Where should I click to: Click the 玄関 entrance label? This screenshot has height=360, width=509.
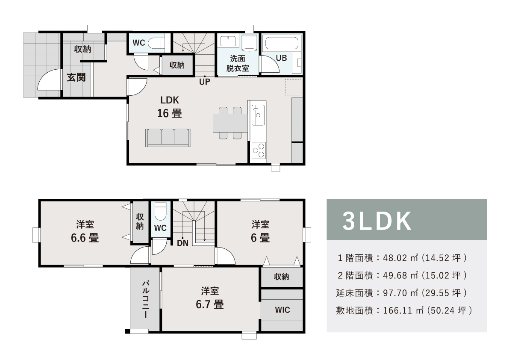[x=76, y=77]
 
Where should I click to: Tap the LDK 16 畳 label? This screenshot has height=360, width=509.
[x=169, y=107]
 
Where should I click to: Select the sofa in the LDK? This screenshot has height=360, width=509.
[x=168, y=138]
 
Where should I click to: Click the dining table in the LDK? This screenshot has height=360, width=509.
[x=230, y=123]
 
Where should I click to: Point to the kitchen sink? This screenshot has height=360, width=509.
[x=258, y=115]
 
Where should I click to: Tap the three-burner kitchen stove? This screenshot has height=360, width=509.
[x=259, y=150]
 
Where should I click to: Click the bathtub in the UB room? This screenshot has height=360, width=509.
[x=282, y=44]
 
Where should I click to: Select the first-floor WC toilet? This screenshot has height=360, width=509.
[x=156, y=43]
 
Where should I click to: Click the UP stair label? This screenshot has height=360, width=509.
[x=205, y=82]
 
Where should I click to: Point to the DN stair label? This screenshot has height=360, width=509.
[x=182, y=243]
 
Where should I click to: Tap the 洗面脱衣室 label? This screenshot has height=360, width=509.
[x=238, y=64]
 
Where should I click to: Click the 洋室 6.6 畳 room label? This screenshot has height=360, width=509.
[x=85, y=231]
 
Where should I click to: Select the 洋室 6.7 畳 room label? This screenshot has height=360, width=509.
[x=210, y=298]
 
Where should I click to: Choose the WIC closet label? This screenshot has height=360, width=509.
[x=282, y=310]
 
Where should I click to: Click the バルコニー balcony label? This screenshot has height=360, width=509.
[x=145, y=299]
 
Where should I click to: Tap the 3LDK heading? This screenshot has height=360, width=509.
[x=377, y=221]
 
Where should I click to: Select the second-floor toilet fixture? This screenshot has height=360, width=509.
[x=160, y=212]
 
